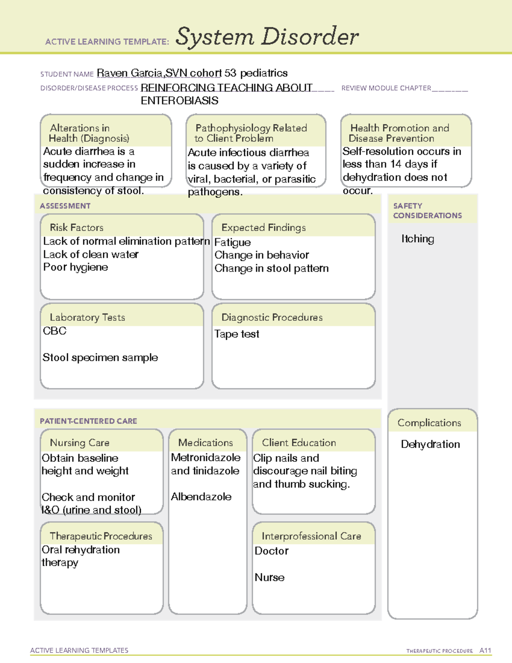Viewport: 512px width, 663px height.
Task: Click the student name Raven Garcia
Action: pos(130,73)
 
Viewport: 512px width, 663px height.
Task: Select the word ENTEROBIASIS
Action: pos(179,101)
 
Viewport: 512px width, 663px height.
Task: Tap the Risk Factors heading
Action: pos(76,228)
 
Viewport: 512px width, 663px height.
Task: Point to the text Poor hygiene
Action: pos(76,267)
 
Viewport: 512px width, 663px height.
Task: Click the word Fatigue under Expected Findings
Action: pos(233,242)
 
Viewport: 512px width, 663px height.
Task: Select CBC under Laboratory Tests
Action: pos(55,331)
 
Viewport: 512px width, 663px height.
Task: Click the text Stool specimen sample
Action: pos(100,357)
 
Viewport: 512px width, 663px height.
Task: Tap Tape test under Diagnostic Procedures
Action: pos(237,334)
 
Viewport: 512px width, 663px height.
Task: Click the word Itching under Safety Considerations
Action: pos(418,239)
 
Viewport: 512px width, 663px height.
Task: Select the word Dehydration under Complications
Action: pos(430,444)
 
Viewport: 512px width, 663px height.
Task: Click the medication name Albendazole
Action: pos(201,497)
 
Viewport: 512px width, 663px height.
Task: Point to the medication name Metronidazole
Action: pos(206,458)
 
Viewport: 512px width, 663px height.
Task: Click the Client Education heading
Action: pos(299,443)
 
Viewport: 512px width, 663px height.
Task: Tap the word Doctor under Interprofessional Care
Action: pos(271,551)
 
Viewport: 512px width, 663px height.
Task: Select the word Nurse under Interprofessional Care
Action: pos(270,578)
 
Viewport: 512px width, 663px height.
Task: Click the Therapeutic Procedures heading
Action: pos(101,536)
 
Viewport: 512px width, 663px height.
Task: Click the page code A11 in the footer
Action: pos(485,651)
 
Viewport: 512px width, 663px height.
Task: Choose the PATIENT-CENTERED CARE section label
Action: pos(88,421)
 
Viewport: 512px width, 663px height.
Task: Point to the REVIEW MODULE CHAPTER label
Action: pos(386,88)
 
